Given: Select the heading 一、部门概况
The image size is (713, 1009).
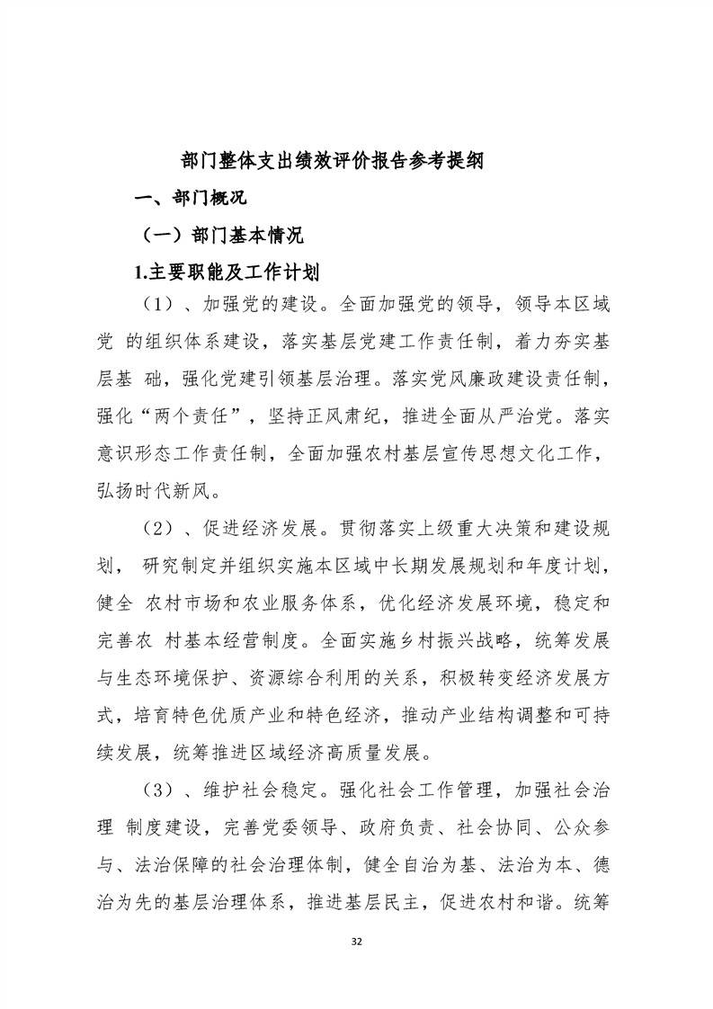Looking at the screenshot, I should pyautogui.click(x=190, y=198).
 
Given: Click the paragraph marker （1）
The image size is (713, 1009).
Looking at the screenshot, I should pyautogui.click(x=163, y=306).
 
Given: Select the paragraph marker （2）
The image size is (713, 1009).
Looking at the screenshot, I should pyautogui.click(x=163, y=528).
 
